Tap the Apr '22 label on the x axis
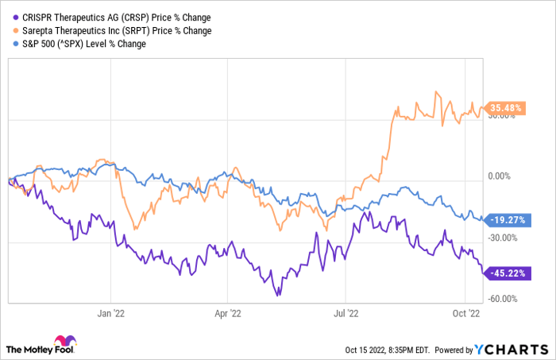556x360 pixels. [x=230, y=312]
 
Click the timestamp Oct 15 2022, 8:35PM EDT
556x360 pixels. [x=376, y=348]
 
